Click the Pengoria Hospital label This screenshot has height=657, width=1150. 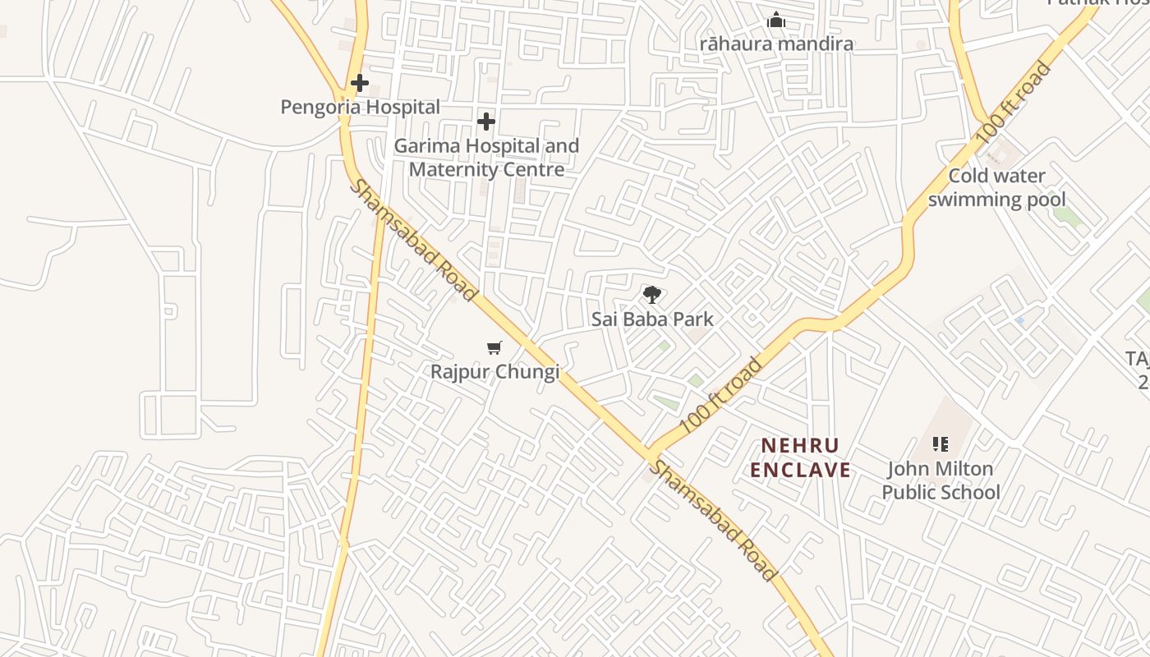click(360, 107)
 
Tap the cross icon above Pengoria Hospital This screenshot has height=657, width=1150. click(359, 83)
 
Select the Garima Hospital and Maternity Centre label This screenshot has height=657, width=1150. click(486, 158)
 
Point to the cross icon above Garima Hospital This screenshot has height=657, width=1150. click(486, 122)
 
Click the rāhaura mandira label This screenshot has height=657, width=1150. click(776, 44)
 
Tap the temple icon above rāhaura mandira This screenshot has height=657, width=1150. click(776, 21)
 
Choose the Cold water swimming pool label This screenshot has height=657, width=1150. click(996, 187)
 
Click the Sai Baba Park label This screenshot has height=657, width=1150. click(652, 319)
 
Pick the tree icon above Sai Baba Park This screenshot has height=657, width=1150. click(651, 294)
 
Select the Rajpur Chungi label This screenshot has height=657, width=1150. click(494, 371)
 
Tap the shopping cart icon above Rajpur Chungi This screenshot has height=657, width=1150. click(494, 348)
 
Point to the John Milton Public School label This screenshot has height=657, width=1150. click(941, 480)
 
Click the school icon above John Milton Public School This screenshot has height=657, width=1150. click(941, 444)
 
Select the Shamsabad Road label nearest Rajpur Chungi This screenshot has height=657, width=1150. click(413, 240)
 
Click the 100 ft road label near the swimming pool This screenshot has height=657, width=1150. click(1013, 103)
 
